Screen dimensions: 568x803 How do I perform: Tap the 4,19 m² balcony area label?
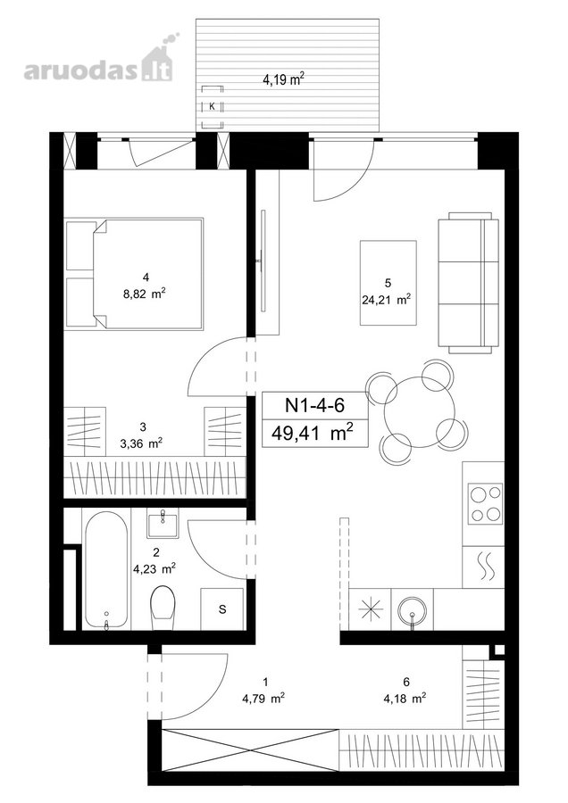(283, 79)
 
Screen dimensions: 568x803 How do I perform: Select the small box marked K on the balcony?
(212, 107)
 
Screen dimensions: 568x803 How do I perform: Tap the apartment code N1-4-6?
(314, 406)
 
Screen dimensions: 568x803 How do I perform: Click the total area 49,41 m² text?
(313, 434)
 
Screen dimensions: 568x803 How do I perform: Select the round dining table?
(420, 412)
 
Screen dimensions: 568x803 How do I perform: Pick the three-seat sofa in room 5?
(468, 283)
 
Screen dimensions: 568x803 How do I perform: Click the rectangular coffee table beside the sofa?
(388, 283)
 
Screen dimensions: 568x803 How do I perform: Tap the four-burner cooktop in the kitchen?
(484, 504)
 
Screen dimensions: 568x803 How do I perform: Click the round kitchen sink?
(412, 608)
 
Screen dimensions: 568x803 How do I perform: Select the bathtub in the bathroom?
(105, 569)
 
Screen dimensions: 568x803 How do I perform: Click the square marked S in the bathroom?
(221, 608)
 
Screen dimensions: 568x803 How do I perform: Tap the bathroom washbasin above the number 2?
(163, 524)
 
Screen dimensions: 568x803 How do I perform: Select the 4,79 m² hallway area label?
(264, 698)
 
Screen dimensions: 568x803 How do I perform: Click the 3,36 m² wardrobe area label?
(141, 443)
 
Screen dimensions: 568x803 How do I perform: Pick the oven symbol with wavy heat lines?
(483, 567)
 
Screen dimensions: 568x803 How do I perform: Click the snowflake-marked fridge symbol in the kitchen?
(370, 608)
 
